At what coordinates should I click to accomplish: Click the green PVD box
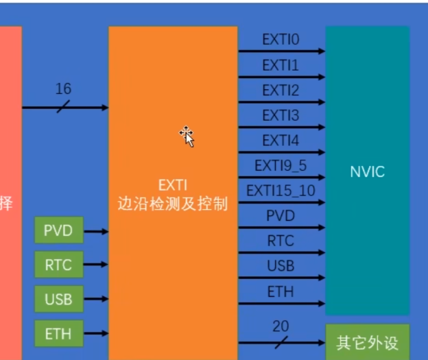tap(58, 230)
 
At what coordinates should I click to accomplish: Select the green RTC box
tap(58, 264)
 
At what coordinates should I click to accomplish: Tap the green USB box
tap(58, 299)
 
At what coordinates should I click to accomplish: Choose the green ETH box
tap(58, 334)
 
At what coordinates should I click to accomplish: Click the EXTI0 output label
tap(281, 40)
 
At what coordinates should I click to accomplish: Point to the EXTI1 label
tap(281, 65)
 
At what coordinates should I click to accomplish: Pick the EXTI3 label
tap(281, 115)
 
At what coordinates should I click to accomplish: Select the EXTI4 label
tap(281, 141)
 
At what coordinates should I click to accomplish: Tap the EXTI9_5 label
tap(281, 165)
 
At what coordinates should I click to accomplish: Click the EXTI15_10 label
tap(281, 190)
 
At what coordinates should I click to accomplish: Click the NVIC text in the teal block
tap(367, 171)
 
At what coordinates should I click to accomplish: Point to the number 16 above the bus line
tap(63, 89)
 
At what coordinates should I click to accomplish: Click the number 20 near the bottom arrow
tap(281, 326)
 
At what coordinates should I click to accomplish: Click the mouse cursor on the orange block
tap(187, 136)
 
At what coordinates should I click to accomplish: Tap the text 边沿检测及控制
tap(172, 204)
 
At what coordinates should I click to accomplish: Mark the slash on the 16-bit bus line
tap(63, 108)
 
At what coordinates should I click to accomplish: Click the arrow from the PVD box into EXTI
tap(95, 232)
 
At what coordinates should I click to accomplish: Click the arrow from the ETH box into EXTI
tap(95, 334)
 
